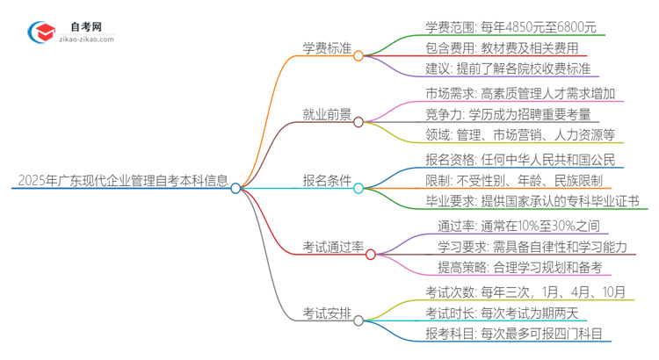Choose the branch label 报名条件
click(x=327, y=187)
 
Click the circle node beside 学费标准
click(x=358, y=54)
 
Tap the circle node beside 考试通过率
click(x=371, y=255)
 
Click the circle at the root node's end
click(x=235, y=188)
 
